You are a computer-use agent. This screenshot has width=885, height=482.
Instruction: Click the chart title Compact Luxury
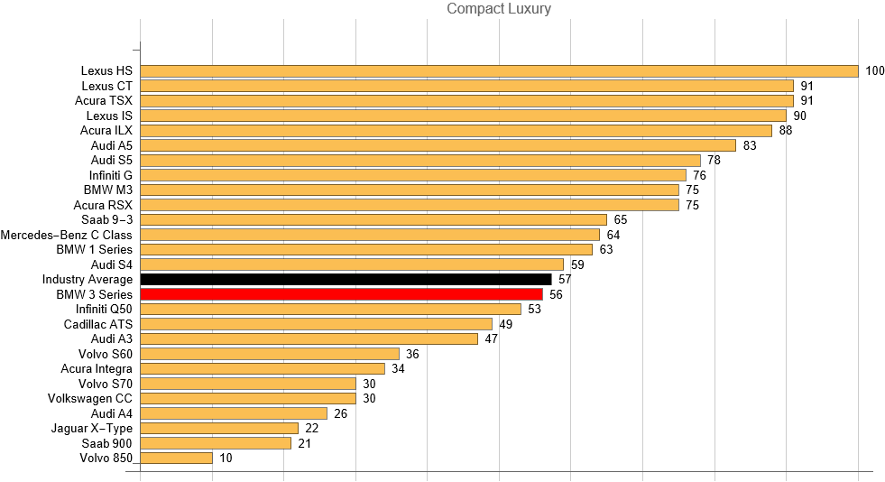coord(499,9)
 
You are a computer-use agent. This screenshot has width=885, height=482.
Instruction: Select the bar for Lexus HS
coord(499,71)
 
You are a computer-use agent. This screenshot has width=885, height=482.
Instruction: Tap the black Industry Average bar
coord(346,280)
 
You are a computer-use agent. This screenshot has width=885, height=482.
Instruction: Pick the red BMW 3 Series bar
coord(341,294)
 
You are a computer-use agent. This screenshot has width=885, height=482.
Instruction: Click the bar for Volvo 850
coord(177,459)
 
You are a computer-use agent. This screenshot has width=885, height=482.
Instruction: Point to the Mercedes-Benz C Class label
coord(67,235)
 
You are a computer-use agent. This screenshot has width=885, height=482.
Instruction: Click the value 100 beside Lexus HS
coord(874,71)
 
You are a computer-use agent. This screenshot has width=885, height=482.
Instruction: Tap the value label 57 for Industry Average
coord(565,280)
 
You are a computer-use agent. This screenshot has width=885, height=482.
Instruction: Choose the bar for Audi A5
coord(438,145)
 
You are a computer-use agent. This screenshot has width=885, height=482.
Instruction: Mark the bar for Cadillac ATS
coord(317,324)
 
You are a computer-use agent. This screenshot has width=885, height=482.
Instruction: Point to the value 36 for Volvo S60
coord(412,354)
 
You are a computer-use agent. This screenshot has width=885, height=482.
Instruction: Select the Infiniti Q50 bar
coord(331,310)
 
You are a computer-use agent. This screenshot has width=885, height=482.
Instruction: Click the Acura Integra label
coord(97,369)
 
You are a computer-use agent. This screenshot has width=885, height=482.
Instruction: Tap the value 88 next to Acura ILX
coord(786,131)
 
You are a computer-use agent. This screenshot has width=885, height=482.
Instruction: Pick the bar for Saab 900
coord(216,443)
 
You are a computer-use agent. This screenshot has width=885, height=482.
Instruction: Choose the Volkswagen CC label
coord(90,399)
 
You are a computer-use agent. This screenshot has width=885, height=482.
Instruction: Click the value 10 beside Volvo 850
coord(226,459)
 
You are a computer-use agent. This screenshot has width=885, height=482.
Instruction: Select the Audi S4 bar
coord(352,264)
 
